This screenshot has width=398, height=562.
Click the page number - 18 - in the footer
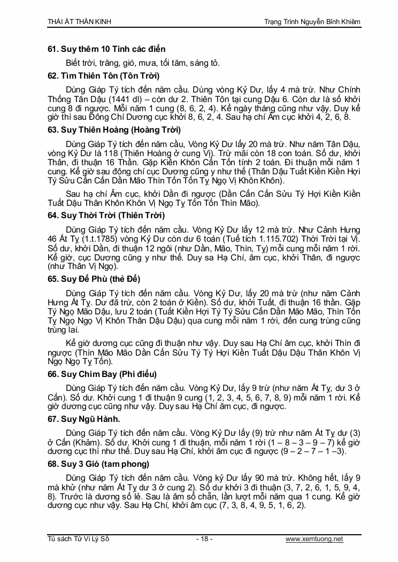(x=204, y=539)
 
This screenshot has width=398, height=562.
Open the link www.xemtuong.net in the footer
(x=314, y=539)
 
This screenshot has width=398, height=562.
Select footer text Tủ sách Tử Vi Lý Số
(x=78, y=539)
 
